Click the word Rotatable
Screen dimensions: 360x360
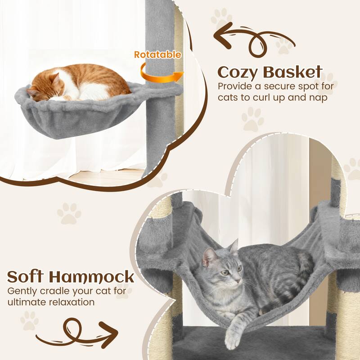157,55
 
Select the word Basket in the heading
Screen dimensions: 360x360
296,72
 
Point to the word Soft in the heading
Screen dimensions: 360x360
29,276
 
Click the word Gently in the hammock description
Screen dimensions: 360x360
21,290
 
